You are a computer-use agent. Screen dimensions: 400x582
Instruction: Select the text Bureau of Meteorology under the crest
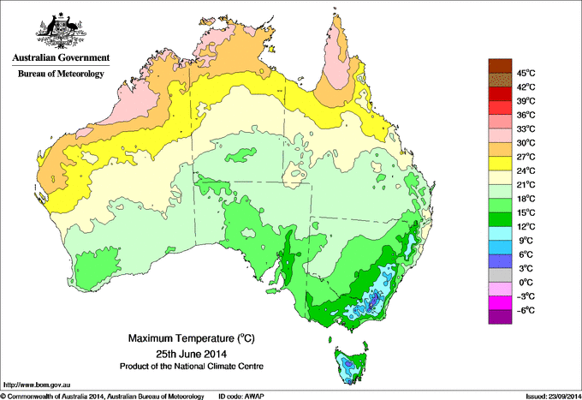(61, 75)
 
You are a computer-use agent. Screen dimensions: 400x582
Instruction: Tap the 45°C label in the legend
(526, 73)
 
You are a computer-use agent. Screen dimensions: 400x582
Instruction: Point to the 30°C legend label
(526, 142)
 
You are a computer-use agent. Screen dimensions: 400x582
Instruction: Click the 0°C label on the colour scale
(525, 282)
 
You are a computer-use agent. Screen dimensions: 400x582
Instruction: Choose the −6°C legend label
(525, 310)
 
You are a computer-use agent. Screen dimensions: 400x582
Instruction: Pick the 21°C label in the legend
(526, 184)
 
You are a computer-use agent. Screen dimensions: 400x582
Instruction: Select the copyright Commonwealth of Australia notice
(103, 396)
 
